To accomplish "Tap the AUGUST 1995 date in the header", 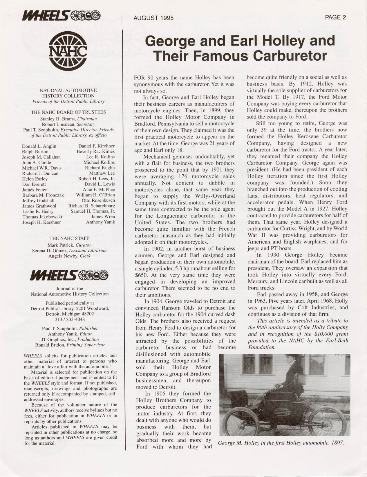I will click(153, 18).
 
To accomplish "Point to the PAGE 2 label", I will click(335, 17).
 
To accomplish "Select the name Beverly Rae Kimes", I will click(96, 151).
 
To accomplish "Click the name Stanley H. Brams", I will click(55, 119).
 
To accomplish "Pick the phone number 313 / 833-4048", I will click(70, 319).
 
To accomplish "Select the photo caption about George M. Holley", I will click(281, 443).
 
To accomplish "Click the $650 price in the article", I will click(141, 275).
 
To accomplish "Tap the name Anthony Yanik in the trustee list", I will click(100, 222).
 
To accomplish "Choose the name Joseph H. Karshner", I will click(41, 222).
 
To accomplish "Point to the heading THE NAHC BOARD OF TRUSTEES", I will click(68, 112).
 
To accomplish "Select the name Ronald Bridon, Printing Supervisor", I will click(70, 345).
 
